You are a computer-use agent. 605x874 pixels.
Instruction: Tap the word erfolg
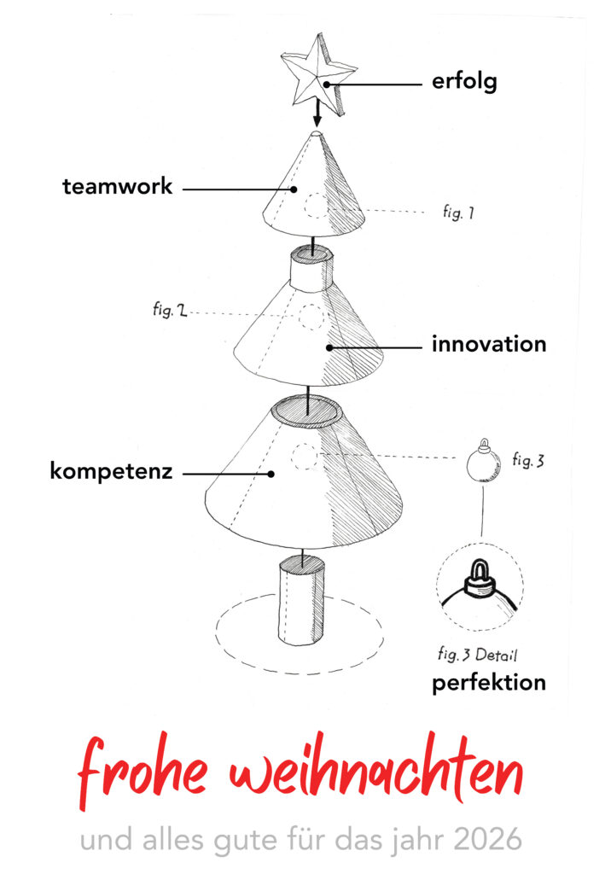[464, 84]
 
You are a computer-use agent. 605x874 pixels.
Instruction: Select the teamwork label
[118, 187]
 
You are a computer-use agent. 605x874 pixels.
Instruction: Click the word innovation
[488, 345]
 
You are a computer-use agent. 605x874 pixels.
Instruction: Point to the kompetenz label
[111, 471]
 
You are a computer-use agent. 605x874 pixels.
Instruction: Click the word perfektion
[488, 684]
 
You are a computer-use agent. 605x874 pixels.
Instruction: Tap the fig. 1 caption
[457, 213]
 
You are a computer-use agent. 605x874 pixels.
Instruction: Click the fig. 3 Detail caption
[477, 655]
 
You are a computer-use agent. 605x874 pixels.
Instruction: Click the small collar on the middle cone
[308, 266]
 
